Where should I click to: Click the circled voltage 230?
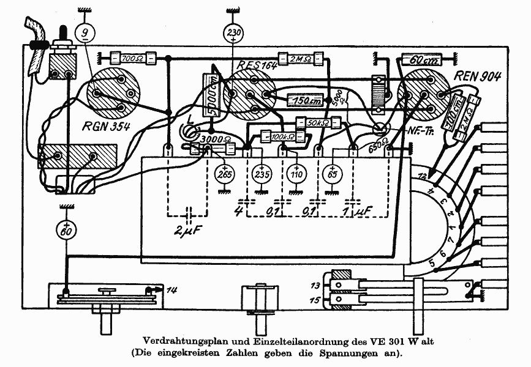[234, 32]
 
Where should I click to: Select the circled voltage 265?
[223, 174]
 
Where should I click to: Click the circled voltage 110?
[296, 174]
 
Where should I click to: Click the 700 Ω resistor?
[130, 59]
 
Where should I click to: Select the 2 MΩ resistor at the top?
[299, 59]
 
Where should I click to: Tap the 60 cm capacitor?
[418, 60]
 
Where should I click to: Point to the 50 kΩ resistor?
[316, 122]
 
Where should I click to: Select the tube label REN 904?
[478, 76]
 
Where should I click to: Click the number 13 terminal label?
[315, 286]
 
